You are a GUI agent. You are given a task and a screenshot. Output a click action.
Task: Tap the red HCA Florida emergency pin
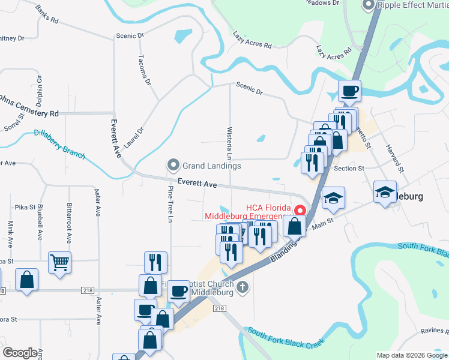coord(298,211)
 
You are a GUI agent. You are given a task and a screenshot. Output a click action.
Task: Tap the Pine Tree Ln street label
coord(170,204)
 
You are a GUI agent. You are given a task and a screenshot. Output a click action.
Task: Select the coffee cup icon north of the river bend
coord(349,91)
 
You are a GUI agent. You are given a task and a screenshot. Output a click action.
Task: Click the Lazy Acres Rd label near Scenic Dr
coord(252,41)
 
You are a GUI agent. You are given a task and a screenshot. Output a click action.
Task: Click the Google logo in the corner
coord(20,353)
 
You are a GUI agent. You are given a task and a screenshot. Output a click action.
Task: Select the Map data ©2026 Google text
coord(411,355)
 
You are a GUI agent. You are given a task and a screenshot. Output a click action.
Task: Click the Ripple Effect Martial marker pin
coord(368,5)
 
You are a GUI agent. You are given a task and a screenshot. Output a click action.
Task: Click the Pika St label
coord(26,207)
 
